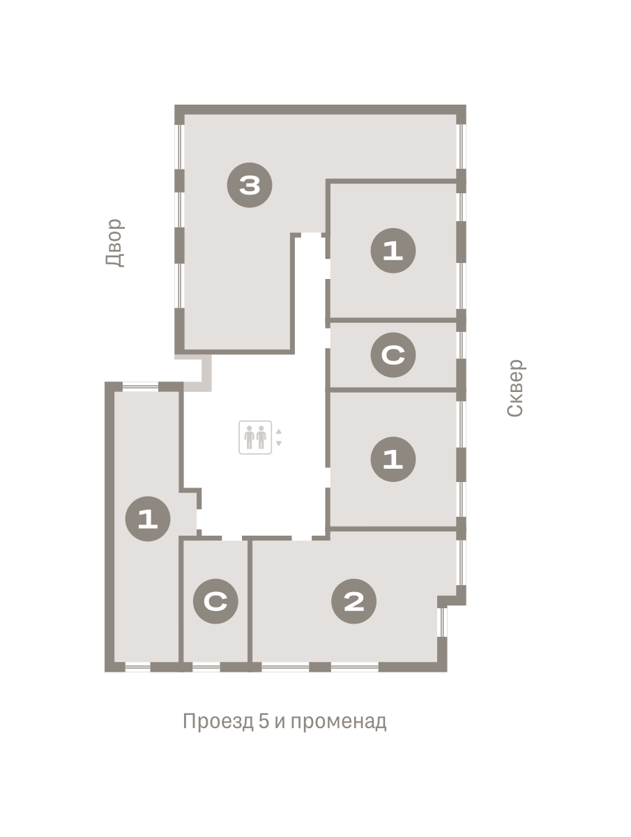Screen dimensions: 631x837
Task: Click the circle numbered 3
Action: click(x=249, y=185)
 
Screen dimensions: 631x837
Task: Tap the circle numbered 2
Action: click(x=353, y=601)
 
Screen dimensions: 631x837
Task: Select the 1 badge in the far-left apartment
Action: click(x=148, y=519)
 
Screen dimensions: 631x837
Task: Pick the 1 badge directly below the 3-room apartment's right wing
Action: click(x=393, y=250)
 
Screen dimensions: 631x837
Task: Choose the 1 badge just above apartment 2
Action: click(x=393, y=459)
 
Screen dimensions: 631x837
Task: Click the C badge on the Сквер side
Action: click(x=393, y=355)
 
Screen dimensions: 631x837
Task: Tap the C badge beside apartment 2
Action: click(x=215, y=601)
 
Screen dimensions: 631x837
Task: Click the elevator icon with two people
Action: click(x=255, y=437)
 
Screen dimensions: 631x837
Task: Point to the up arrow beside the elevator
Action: click(x=278, y=431)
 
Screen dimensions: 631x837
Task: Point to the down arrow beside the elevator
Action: click(x=278, y=443)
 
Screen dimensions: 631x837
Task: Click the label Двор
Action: click(x=114, y=243)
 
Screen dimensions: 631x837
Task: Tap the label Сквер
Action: click(x=515, y=388)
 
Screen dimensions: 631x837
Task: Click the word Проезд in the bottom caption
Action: click(x=218, y=721)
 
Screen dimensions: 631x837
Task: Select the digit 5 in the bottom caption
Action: click(x=264, y=721)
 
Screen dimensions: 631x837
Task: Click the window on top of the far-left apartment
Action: click(x=140, y=386)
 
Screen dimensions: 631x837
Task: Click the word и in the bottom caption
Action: click(x=280, y=722)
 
